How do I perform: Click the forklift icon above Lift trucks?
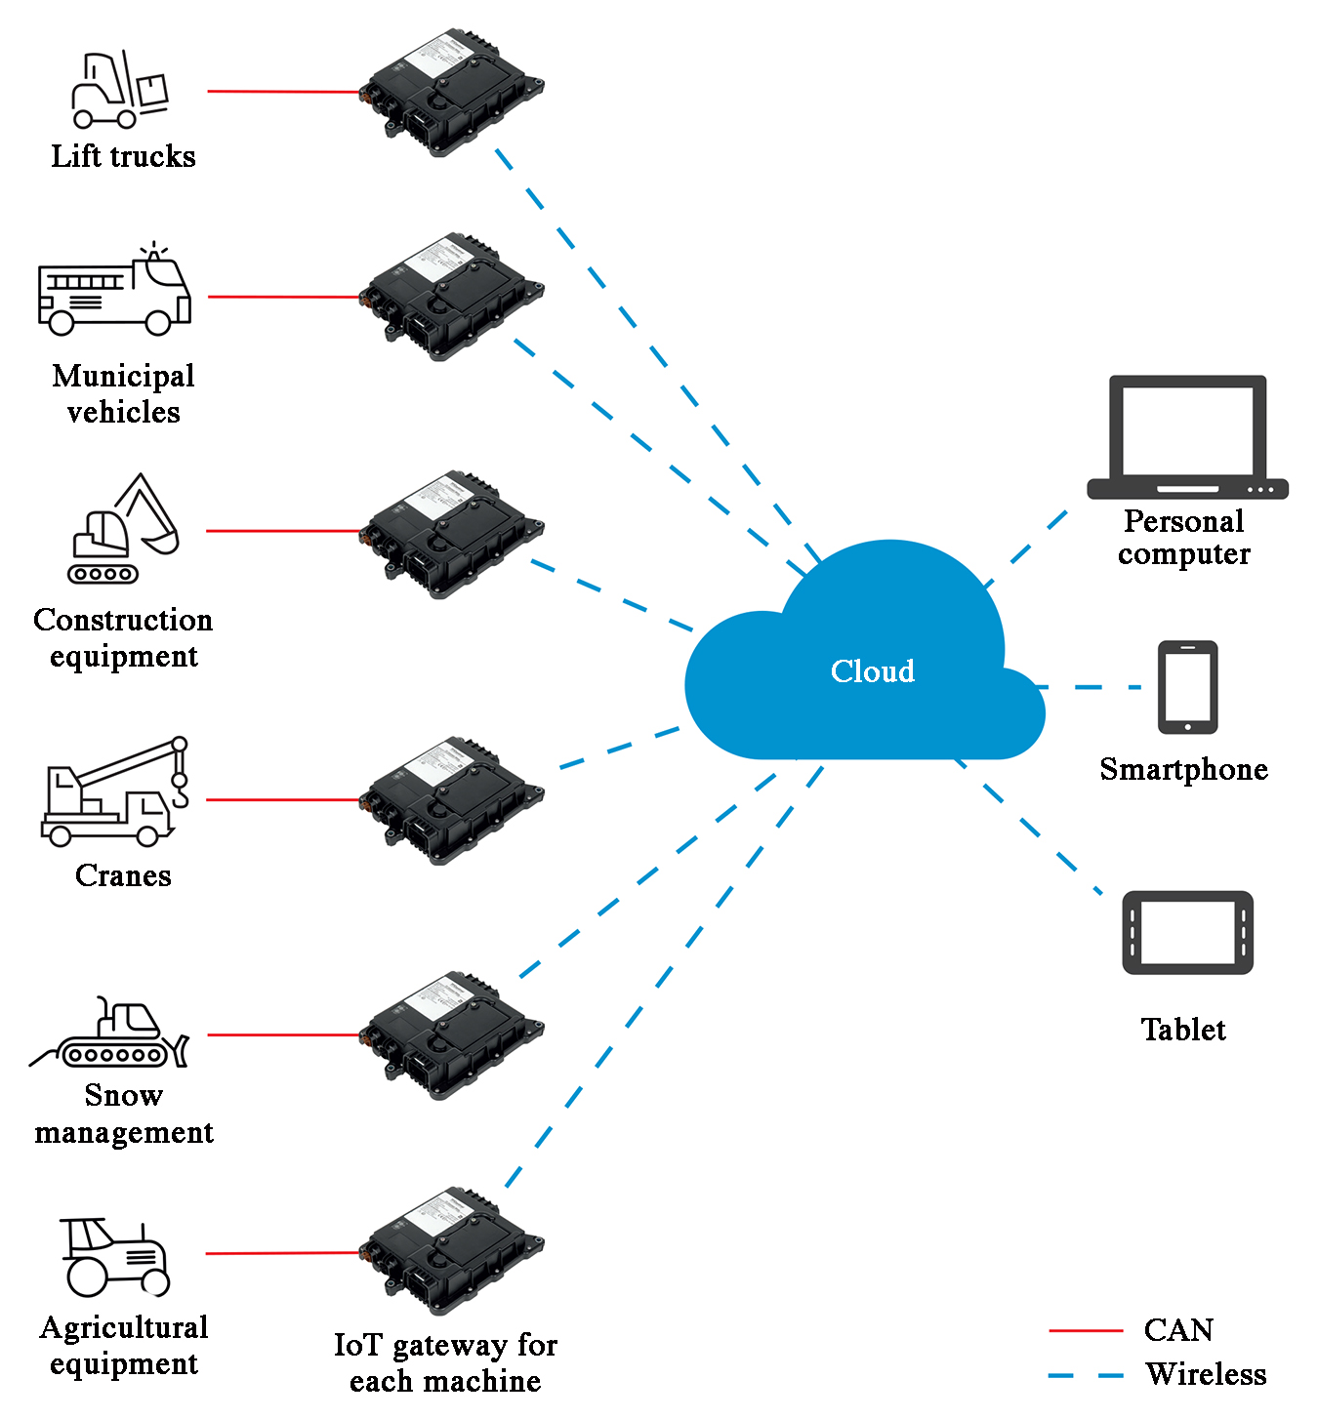(x=119, y=91)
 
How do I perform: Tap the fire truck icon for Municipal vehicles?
(x=114, y=291)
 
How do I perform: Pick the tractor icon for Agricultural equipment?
(x=115, y=1256)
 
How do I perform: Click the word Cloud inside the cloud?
(x=872, y=671)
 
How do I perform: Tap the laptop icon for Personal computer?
(x=1187, y=437)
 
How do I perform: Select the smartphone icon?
(x=1187, y=687)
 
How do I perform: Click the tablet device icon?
(x=1187, y=932)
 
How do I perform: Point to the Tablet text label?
(x=1183, y=1030)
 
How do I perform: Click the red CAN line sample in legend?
(x=1086, y=1330)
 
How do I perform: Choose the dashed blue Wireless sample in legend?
(x=1086, y=1375)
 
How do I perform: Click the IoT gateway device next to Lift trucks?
(x=451, y=93)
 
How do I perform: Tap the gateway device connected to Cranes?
(x=451, y=800)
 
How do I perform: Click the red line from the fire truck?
(x=283, y=297)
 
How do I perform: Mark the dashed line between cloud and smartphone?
(x=1089, y=687)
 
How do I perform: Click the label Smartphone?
(x=1183, y=769)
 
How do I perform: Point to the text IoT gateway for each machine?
(x=445, y=1363)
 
